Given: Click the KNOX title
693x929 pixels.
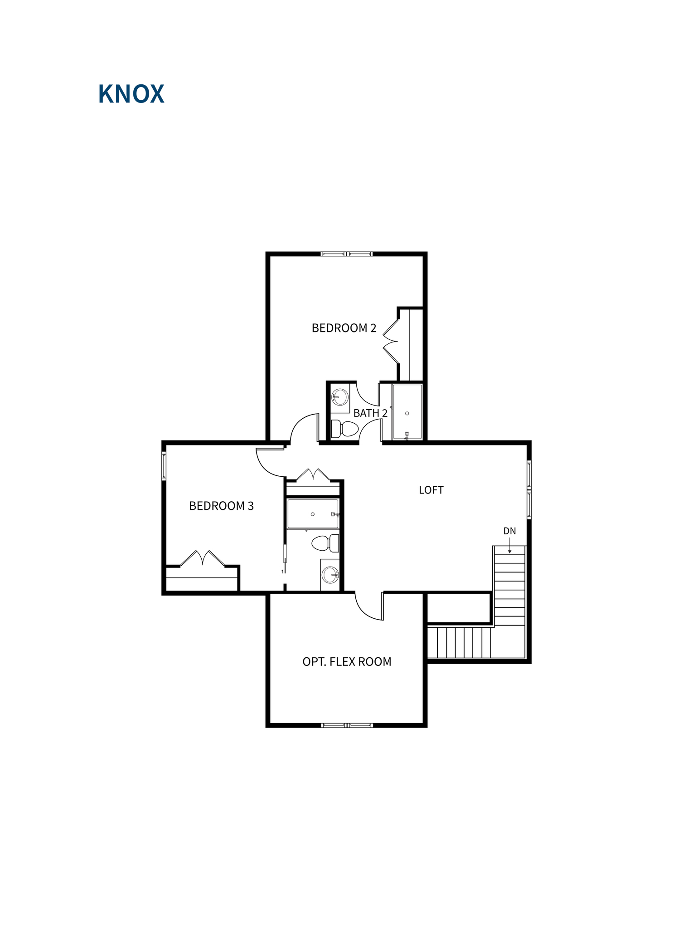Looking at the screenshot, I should tap(131, 94).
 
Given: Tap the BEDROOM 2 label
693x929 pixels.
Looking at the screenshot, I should tap(344, 328).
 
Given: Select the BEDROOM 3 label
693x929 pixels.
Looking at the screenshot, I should tap(221, 506).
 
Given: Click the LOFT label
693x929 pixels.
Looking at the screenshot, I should tap(431, 490).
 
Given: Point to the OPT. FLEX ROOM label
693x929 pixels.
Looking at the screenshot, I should tap(347, 662).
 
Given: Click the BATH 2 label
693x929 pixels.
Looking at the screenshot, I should tap(370, 413).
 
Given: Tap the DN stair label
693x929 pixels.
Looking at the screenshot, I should tap(509, 531).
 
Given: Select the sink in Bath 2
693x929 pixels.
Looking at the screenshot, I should tap(340, 397).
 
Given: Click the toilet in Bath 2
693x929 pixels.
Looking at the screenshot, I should tap(345, 429).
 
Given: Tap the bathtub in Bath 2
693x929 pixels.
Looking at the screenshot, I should tap(407, 412).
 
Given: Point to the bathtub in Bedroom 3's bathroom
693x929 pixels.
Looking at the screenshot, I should tap(313, 514).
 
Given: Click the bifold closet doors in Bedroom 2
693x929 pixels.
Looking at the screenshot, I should tap(391, 341).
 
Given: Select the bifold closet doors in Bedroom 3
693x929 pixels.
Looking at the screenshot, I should tap(202, 558).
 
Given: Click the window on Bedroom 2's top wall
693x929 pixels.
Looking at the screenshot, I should tap(347, 254).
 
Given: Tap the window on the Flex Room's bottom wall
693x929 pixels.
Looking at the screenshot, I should tap(347, 725).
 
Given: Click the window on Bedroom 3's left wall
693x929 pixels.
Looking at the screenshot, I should tap(164, 466).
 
